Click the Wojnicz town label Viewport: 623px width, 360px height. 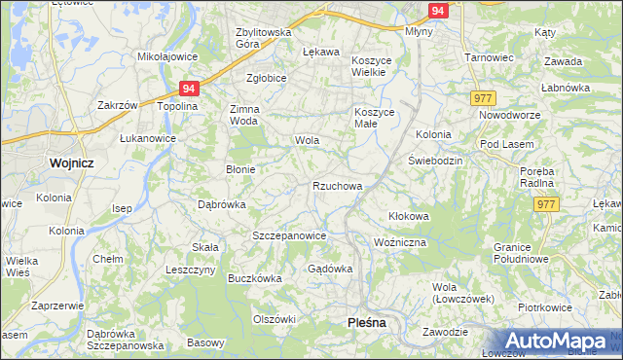[x=71, y=163]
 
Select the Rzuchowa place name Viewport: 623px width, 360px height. [x=338, y=186]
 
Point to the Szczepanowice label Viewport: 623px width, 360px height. [x=288, y=236]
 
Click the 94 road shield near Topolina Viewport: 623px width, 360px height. [x=189, y=89]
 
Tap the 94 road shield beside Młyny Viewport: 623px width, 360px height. [x=438, y=11]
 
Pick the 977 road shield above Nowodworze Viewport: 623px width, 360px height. [x=483, y=99]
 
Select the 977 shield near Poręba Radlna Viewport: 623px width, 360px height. [x=547, y=204]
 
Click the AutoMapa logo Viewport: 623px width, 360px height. [x=556, y=342]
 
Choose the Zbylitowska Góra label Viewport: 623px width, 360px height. [x=264, y=38]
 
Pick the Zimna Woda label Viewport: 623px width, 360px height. [x=243, y=115]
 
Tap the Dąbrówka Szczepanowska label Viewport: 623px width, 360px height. [x=125, y=340]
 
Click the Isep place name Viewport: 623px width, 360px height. [x=122, y=209]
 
